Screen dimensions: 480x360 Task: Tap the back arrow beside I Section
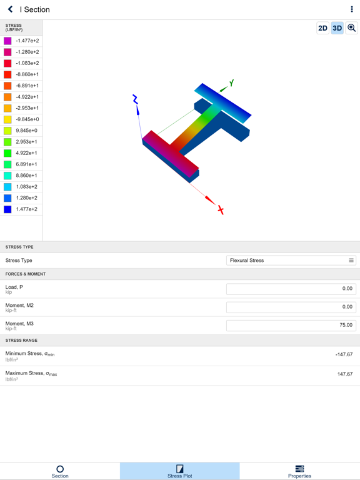(x=10, y=9)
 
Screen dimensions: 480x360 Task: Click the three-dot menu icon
(x=352, y=9)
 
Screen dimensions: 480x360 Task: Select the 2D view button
(x=322, y=28)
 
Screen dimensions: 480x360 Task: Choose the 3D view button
(x=337, y=28)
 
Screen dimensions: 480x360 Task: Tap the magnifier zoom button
(x=352, y=28)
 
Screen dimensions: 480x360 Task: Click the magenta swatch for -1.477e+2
(x=7, y=41)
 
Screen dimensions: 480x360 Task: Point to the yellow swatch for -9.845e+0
(x=7, y=119)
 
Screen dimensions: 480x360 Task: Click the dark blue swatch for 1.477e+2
(x=7, y=209)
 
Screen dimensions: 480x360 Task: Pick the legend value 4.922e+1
(x=26, y=153)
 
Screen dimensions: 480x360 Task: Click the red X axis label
(x=221, y=210)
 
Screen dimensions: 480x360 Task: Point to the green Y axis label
(x=231, y=83)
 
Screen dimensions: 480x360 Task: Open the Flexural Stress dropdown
(x=291, y=261)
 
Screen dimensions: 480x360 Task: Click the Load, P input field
(x=291, y=289)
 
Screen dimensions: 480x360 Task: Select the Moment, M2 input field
(x=291, y=307)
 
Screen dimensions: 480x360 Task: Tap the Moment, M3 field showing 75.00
(x=291, y=325)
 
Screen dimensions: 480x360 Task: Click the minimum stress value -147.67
(x=344, y=354)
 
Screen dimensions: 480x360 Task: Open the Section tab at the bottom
(x=60, y=471)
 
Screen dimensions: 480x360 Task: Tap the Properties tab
(x=299, y=471)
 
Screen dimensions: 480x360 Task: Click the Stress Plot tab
(x=180, y=471)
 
